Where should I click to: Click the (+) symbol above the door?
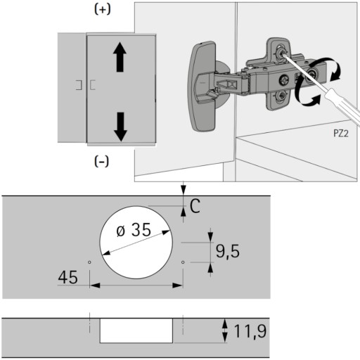tap(102, 9)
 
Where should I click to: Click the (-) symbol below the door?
tap(101, 161)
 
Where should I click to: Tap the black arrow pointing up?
tap(120, 57)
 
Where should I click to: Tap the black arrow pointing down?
tap(120, 127)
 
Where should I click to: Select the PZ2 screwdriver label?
tap(341, 134)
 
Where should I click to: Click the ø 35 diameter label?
tap(134, 230)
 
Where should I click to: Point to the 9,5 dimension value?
tap(228, 252)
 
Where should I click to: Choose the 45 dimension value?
tap(67, 277)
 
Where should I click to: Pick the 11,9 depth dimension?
tap(250, 331)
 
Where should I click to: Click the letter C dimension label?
tap(195, 206)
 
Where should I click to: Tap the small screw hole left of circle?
tap(89, 262)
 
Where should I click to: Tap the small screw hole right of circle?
tap(183, 262)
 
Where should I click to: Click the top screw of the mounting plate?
tap(279, 53)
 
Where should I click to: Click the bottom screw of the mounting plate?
tap(281, 96)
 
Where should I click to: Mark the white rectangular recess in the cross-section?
tap(136, 330)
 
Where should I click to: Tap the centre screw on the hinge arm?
tap(284, 80)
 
